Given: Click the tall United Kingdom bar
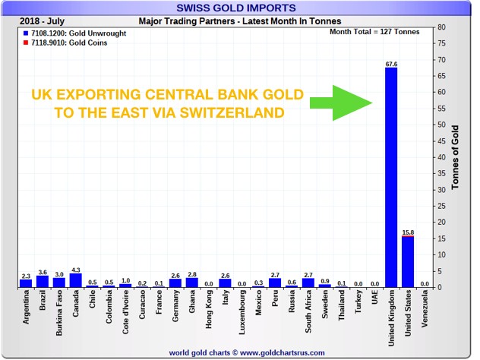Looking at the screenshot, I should point(391,178).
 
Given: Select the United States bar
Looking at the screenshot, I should point(408,262).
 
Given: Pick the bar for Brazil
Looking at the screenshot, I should point(43,281).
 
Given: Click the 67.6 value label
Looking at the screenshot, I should point(391,65).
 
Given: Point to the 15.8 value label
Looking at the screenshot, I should point(408,231).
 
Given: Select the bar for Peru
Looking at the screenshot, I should point(275,283).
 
